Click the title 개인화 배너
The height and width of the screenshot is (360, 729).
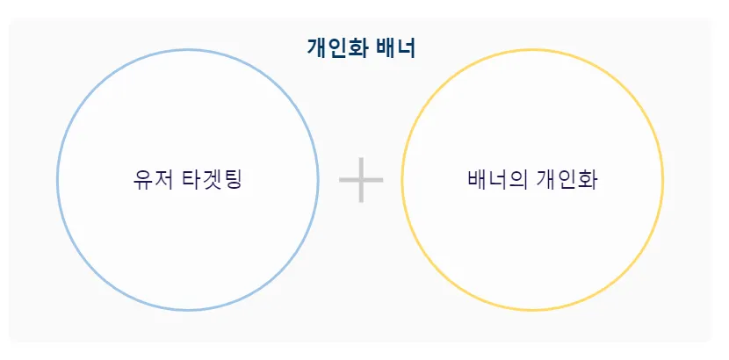coord(361,47)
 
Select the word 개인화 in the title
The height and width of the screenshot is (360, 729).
coord(337,47)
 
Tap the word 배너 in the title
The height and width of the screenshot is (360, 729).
coord(394,47)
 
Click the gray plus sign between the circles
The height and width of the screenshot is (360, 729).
coord(361,179)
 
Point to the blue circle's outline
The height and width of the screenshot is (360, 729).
coord(58,180)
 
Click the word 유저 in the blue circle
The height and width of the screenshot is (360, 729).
coord(152,180)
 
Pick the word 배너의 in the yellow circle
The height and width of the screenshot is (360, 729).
coord(497,180)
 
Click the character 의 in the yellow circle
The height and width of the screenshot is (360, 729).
coord(518,180)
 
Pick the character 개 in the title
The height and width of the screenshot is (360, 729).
coord(316,47)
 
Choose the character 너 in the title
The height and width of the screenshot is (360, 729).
coord(406,47)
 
